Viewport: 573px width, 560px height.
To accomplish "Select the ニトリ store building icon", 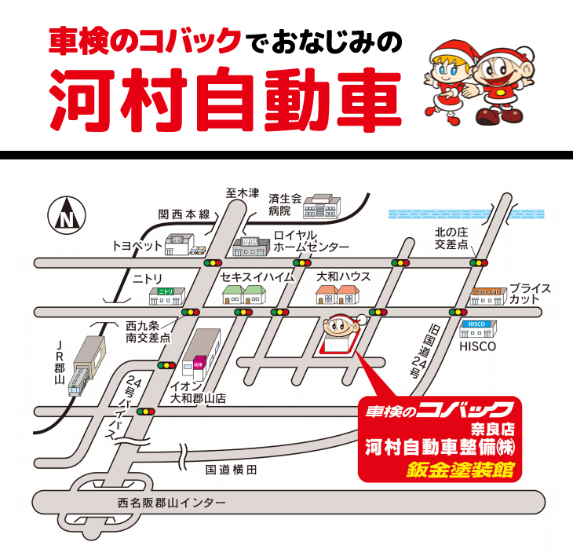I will point(166,295).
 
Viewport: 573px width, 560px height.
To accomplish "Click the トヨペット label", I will point(137,246).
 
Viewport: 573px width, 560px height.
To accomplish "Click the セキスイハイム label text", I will point(257,276).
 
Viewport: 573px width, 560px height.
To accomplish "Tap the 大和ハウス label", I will point(344,276).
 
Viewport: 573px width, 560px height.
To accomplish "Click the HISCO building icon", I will point(475,328).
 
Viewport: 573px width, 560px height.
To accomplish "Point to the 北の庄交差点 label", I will point(452,239).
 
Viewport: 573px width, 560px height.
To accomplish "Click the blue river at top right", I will point(466,214).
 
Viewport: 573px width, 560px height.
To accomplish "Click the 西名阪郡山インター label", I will point(171,502).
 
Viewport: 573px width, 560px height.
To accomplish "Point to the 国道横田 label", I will point(231,470).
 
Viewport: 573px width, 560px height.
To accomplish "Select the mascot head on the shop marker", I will point(340,323).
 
